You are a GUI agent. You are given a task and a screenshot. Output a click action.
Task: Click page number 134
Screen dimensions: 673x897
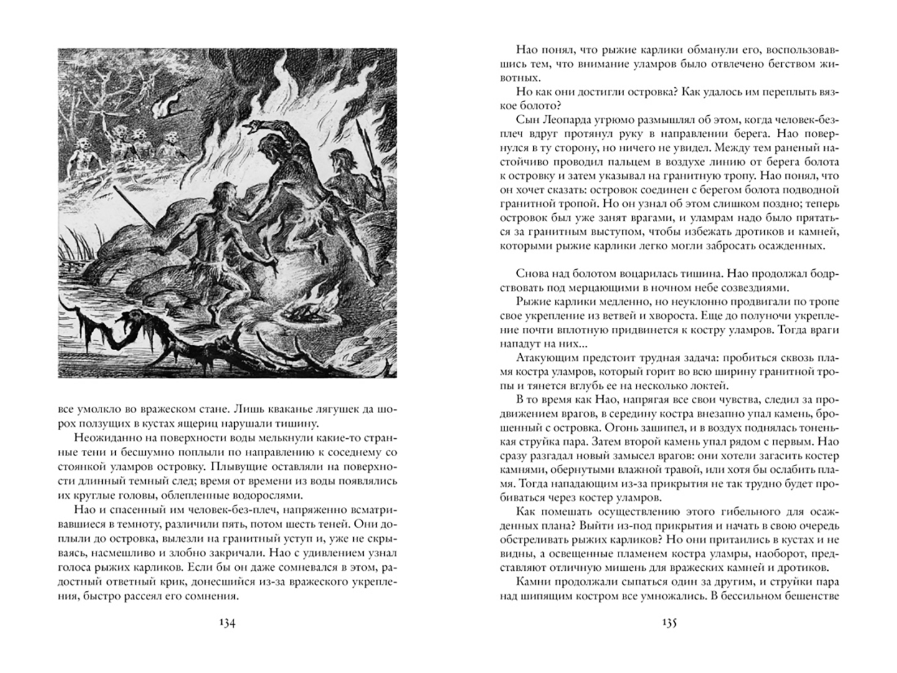pyautogui.click(x=225, y=624)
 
